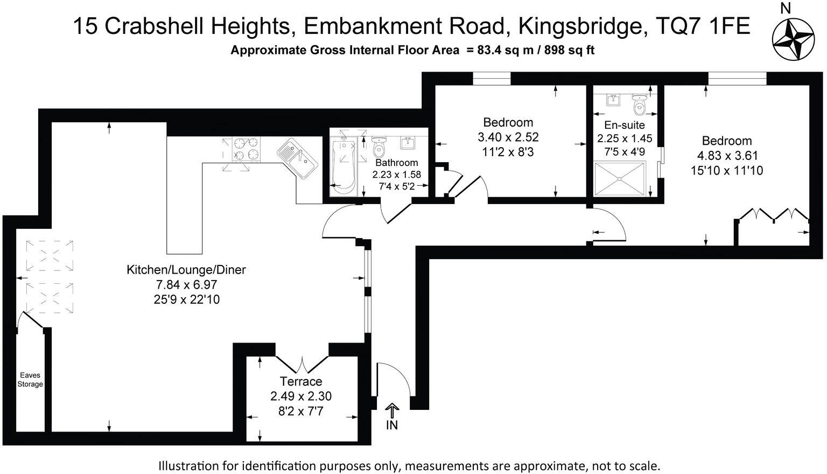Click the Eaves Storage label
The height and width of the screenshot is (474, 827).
click(x=30, y=380)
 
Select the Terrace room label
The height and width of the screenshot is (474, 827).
click(x=301, y=381)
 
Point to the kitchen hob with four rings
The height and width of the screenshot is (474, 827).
click(x=246, y=149)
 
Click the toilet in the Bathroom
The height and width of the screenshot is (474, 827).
click(x=379, y=145)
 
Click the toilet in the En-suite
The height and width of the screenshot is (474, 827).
click(x=639, y=105)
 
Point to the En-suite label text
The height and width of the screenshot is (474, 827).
click(x=625, y=125)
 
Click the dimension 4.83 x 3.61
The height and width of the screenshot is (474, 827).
click(x=727, y=156)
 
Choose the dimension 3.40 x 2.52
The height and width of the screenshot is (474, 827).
click(x=508, y=137)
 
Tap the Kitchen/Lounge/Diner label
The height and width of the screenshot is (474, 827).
click(x=186, y=270)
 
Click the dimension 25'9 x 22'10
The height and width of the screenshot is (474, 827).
click(x=186, y=299)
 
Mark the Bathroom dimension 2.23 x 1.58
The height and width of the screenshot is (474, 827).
click(x=397, y=175)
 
